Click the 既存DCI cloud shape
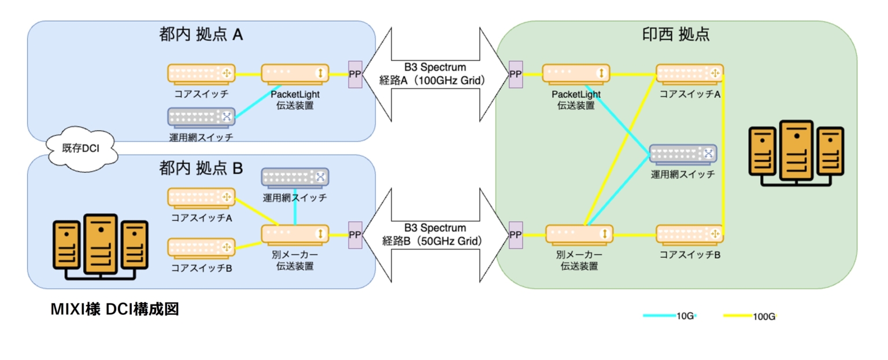[x=81, y=149]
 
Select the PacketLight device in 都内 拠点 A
[x=295, y=73]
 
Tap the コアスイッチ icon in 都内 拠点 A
[x=201, y=73]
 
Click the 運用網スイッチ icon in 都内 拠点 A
[x=201, y=117]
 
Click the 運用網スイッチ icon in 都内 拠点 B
[x=295, y=177]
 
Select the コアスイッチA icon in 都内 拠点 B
[x=201, y=198]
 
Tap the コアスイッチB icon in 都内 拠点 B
[x=201, y=248]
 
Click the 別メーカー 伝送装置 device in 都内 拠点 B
[x=295, y=234]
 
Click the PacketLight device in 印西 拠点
[x=576, y=73]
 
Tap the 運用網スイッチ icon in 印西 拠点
[x=683, y=154]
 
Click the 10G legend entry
[x=670, y=316]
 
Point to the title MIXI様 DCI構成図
[x=115, y=310]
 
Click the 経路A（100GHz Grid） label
[x=431, y=80]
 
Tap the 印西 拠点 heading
[x=676, y=35]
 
